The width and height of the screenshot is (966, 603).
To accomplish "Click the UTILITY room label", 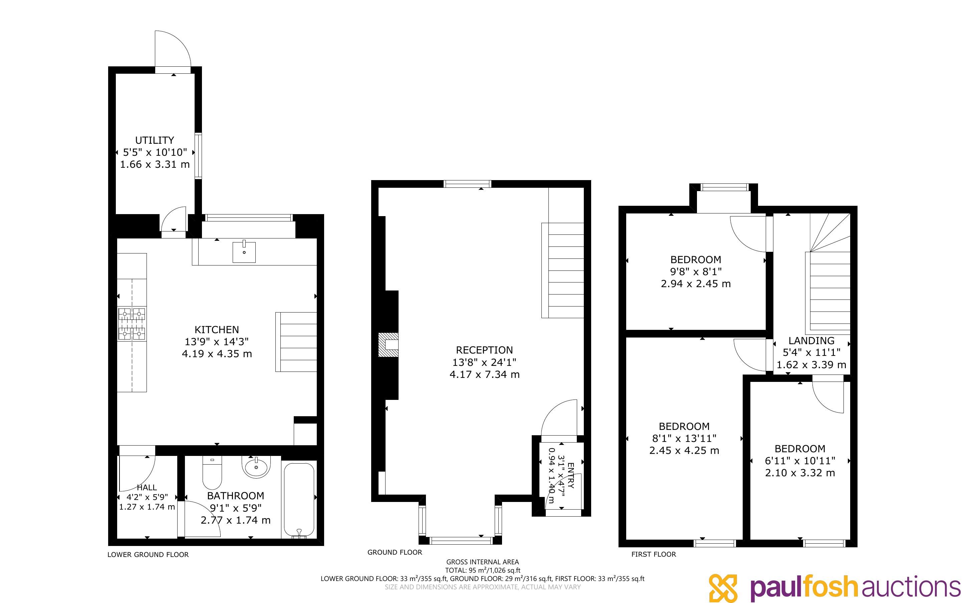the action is (x=155, y=140).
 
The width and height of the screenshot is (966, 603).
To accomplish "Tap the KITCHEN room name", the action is (x=217, y=330).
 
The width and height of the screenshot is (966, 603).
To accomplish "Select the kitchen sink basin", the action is (x=244, y=252).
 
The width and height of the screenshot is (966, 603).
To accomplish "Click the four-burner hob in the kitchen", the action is (x=132, y=324).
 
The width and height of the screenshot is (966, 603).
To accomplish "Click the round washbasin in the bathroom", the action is (x=256, y=467).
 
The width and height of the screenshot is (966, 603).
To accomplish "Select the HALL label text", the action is (x=147, y=487).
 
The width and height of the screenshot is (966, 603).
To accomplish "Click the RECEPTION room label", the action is (x=484, y=350).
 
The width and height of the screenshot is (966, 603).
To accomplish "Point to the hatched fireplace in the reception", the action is (x=388, y=344).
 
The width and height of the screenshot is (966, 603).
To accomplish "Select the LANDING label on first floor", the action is (x=811, y=341).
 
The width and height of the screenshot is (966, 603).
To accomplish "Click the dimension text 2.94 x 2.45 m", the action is (x=696, y=284).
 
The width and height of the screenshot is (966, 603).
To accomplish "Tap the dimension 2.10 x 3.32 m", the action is (x=800, y=473).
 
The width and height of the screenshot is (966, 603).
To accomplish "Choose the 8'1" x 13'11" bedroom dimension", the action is (x=684, y=438).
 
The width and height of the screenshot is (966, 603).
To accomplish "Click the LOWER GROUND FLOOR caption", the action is (x=148, y=555).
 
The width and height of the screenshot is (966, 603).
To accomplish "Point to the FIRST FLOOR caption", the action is (x=654, y=554).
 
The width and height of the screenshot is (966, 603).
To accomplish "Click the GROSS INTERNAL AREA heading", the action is (x=482, y=562).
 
